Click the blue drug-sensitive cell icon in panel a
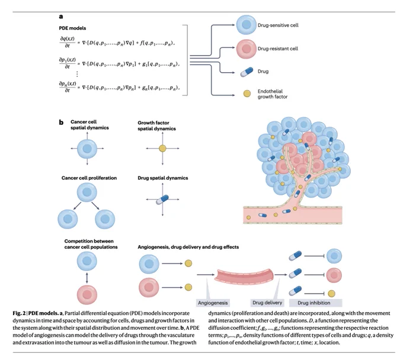click(x=246, y=25)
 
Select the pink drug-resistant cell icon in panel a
click(x=246, y=49)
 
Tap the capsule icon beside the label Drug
click(x=247, y=72)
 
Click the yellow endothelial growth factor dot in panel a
click(x=247, y=94)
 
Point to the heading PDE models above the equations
click(x=72, y=28)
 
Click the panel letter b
click(x=61, y=122)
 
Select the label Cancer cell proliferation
click(x=89, y=178)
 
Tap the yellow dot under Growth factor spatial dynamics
click(x=162, y=149)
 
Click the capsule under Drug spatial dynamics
click(x=162, y=200)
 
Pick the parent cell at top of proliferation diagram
click(x=87, y=192)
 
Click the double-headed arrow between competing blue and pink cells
click(x=87, y=278)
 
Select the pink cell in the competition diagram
click(x=87, y=294)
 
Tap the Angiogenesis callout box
click(x=213, y=303)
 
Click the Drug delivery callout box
click(x=267, y=303)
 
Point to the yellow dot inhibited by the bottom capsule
click(x=331, y=293)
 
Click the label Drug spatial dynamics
click(x=163, y=178)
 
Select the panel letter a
click(x=61, y=17)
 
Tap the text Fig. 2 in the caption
click(x=19, y=313)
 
